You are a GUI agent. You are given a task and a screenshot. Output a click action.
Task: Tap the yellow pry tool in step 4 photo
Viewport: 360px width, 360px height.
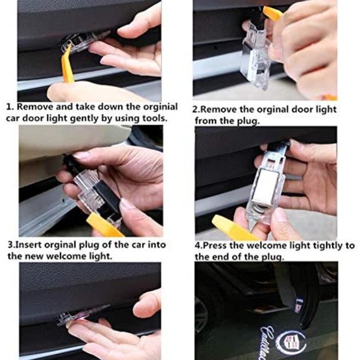pos(232,228)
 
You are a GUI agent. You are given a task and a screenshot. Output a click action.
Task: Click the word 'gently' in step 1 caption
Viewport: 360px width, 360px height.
pos(84,119)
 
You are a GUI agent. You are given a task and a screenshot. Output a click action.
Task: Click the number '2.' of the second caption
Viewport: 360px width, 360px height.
pos(196,110)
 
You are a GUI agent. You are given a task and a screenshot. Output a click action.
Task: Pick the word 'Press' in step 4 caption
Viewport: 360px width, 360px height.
pos(215,246)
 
